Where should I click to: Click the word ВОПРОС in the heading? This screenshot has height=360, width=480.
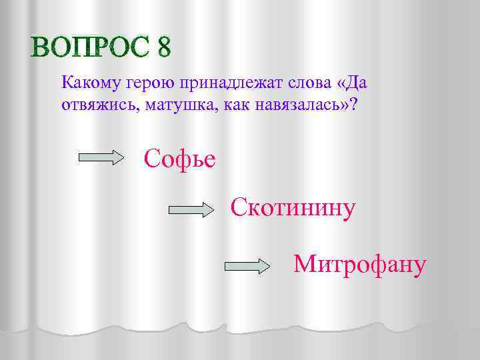point(90,47)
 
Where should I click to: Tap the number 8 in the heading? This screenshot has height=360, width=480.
point(164,47)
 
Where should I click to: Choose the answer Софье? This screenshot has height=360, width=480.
point(179,159)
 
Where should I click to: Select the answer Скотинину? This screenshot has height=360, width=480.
point(293,207)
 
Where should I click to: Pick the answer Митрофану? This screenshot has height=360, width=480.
point(359,265)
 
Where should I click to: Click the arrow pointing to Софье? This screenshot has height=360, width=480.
point(102,158)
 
